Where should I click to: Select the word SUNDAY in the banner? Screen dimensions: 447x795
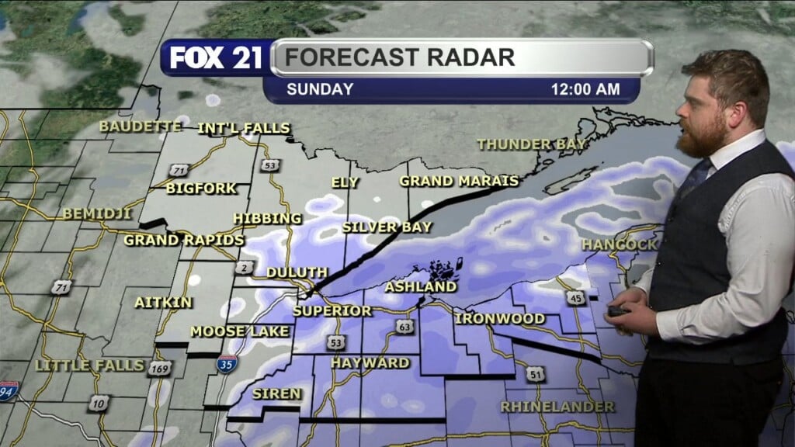coord(320,89)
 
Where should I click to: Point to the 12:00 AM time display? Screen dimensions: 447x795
coord(585,89)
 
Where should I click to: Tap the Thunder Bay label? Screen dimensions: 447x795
coord(532,144)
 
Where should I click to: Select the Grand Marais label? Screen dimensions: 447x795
coord(458,181)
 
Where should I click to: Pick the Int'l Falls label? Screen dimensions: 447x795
coord(244,128)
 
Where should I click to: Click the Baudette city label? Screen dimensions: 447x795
coord(140,126)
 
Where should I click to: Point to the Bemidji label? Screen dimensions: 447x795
coord(97,213)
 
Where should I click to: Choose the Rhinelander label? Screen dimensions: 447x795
coord(557,407)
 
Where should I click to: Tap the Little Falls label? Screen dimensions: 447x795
coord(90,365)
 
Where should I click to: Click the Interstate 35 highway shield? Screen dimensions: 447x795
coord(227,364)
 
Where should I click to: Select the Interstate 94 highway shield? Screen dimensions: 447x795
coord(9,391)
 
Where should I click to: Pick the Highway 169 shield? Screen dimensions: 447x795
coord(160,369)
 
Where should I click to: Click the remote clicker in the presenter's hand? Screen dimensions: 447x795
coord(618,312)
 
